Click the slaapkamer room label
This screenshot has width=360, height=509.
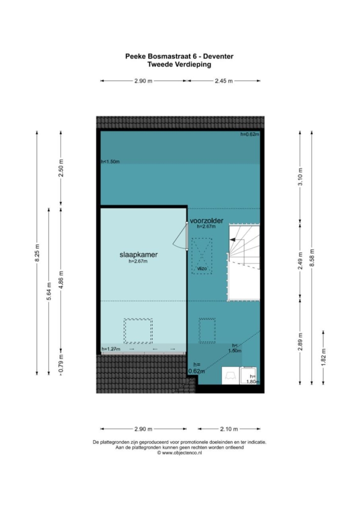pos(138,254)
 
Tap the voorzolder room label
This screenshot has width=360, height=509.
pos(207,221)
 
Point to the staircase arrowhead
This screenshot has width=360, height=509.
pos(232,240)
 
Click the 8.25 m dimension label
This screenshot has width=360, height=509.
pos(38,253)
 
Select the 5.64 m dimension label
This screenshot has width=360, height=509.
pos(49,291)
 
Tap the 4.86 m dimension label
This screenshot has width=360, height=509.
pos(61,280)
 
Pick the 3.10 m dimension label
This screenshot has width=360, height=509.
pos(300,177)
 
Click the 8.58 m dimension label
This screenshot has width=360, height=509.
pos(312,258)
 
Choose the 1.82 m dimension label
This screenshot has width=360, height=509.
pos(323,357)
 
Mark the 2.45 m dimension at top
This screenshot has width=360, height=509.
pos(224,81)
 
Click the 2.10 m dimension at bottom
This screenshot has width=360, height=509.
pos(229,429)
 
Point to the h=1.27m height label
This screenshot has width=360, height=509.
pos(111,349)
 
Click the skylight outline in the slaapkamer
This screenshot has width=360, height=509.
pos(138,331)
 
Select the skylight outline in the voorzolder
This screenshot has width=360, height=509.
pos(207,331)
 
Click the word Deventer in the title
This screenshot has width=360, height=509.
pos(219,56)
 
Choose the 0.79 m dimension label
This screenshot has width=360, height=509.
pos(61,364)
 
